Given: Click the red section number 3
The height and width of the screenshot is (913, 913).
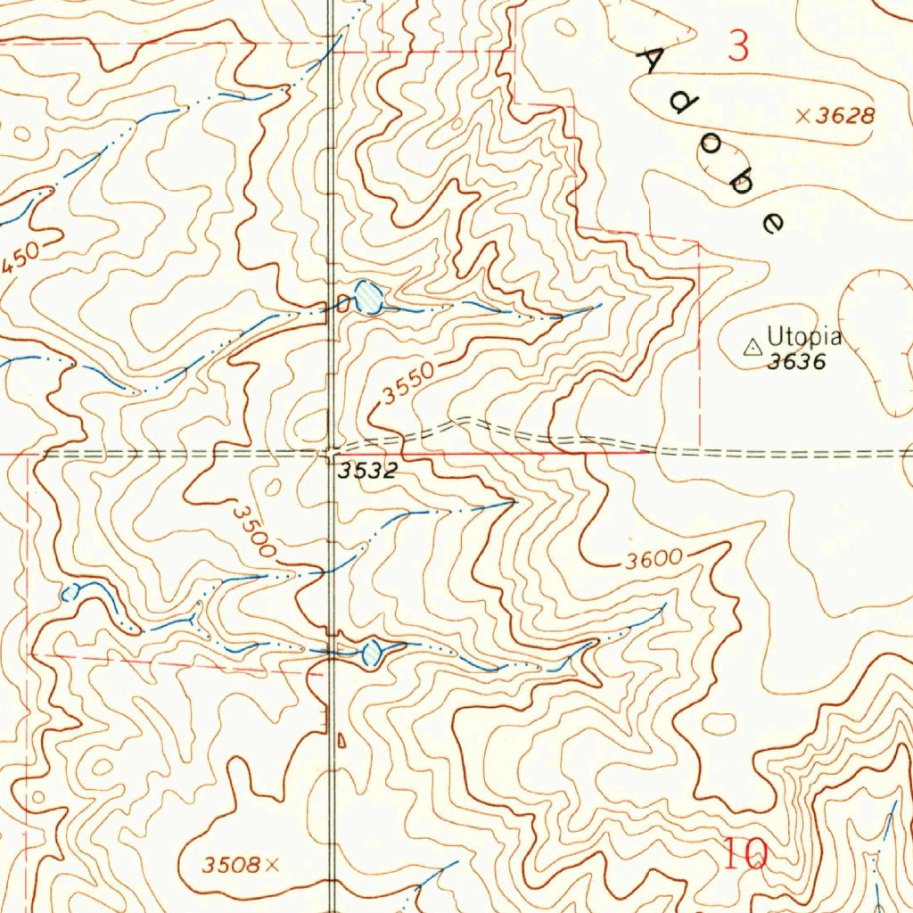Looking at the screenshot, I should coord(738,46).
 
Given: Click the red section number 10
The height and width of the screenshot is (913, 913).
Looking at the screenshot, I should coord(745,856).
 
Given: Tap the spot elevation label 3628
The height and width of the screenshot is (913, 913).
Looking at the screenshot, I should coord(843,115).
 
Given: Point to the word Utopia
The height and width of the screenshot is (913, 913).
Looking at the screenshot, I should coord(804,337).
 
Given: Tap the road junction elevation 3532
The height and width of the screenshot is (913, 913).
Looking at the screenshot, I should coord(366,472).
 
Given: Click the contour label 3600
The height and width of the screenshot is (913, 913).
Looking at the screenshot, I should coord(653,561).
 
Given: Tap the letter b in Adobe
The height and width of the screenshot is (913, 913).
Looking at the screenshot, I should coord(739,183).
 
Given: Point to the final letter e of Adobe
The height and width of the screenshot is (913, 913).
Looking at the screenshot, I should coord(773,221).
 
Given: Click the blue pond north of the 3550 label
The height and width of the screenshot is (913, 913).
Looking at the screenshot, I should coord(368,297).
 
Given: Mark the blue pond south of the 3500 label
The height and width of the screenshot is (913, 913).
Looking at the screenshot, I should coord(371,654).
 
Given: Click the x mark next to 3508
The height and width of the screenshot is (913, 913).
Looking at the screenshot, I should coord(272,863).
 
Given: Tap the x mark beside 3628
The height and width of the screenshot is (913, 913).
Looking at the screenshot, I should coord(802,115).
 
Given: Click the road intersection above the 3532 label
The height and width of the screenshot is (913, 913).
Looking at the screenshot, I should coord(331,453).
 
